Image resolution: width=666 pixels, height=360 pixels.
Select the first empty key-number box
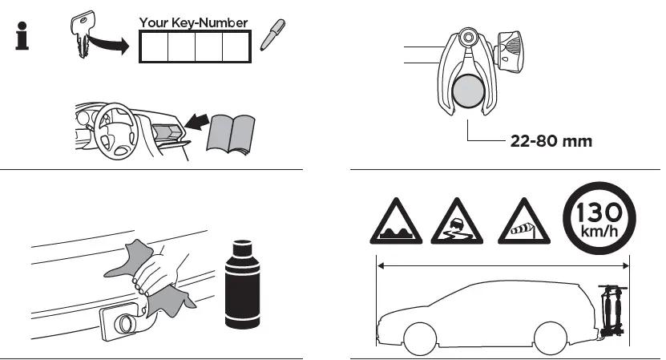pos(153,48)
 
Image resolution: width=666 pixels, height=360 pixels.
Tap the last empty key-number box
pos(236,48)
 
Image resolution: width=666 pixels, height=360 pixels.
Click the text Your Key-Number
pos(194,22)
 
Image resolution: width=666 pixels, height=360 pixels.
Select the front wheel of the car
pos(420,337)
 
